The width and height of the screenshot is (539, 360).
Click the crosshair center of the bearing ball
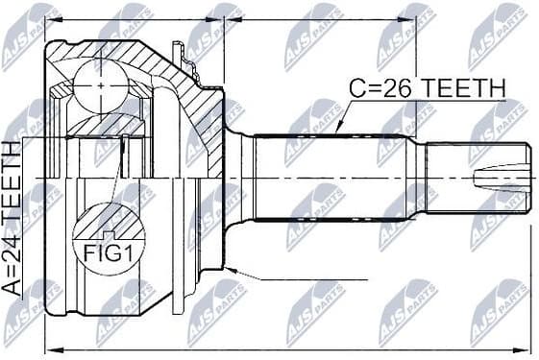pyautogui.click(x=102, y=84)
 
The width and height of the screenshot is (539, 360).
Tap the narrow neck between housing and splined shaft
pyautogui.click(x=241, y=178)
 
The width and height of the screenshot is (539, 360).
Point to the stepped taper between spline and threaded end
pyautogui.click(x=420, y=178)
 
